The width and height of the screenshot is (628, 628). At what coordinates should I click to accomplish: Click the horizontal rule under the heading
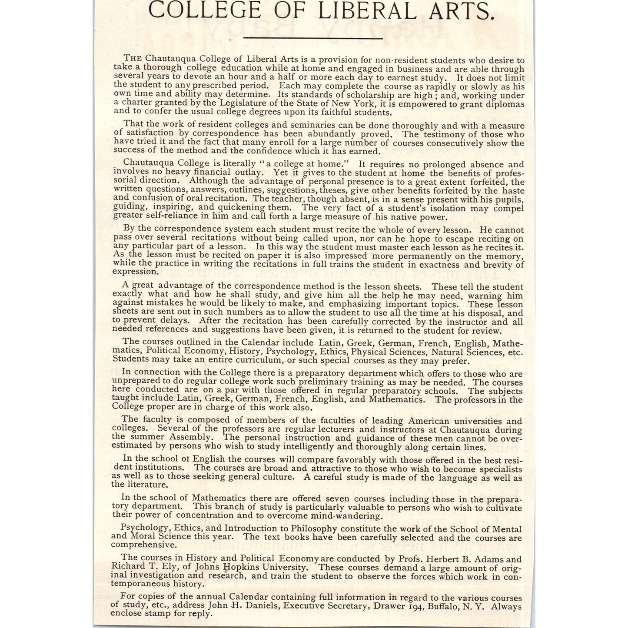click(313, 39)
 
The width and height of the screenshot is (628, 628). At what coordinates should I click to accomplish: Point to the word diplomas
click(506, 104)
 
